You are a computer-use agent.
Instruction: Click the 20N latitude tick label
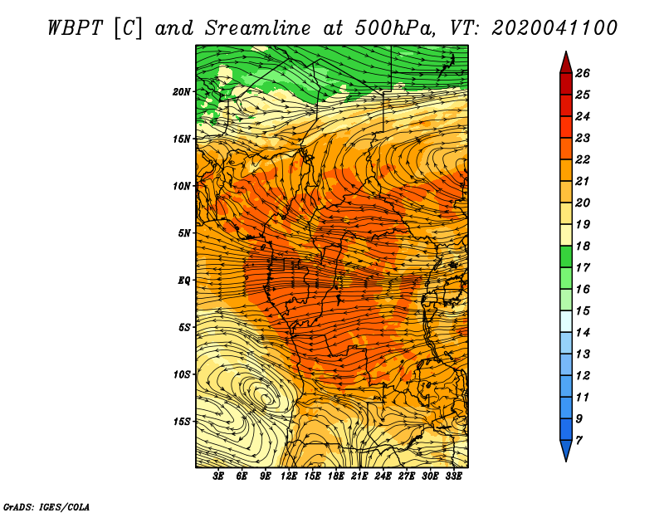pyautogui.click(x=181, y=92)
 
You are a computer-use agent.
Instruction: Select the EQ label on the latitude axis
pyautogui.click(x=184, y=281)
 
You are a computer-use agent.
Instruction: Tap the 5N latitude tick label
pyautogui.click(x=184, y=233)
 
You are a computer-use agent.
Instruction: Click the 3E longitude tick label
pyautogui.click(x=218, y=476)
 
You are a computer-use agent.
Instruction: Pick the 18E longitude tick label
pyautogui.click(x=335, y=476)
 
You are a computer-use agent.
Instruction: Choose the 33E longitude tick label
pyautogui.click(x=453, y=476)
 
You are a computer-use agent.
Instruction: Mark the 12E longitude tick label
pyautogui.click(x=288, y=476)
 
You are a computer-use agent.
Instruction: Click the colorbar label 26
pyautogui.click(x=583, y=73)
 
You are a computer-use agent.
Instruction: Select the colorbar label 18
pyautogui.click(x=583, y=246)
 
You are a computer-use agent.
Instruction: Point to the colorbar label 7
pyautogui.click(x=579, y=441)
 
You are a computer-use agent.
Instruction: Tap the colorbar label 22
pyautogui.click(x=583, y=159)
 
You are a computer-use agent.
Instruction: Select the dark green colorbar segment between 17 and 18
pyautogui.click(x=566, y=256)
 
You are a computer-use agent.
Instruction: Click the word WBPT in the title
pyautogui.click(x=75, y=28)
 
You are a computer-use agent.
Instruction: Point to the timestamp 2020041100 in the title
pyautogui.click(x=554, y=28)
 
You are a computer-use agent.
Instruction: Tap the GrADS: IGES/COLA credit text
pyautogui.click(x=46, y=506)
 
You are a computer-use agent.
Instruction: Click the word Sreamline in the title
pyautogui.click(x=257, y=28)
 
